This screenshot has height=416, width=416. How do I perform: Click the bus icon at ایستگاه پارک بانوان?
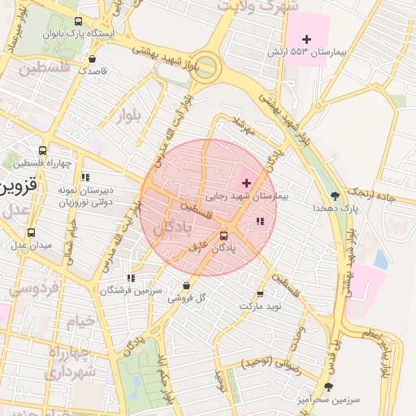pos(77,22)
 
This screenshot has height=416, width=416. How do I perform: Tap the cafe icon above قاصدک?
pos(92,58)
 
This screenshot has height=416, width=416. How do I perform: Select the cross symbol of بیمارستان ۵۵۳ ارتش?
pos(306,39)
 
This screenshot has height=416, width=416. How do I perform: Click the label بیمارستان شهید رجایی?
pos(248,196)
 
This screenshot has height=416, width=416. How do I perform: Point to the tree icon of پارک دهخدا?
pos(336,195)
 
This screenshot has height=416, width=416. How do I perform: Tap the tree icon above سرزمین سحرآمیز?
pos(328,388)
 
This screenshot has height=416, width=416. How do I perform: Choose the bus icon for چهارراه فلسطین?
pos(42,150)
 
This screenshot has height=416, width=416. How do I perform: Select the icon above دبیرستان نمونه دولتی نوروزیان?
pos(85,177)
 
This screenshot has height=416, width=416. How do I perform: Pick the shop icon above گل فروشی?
pos(187,286)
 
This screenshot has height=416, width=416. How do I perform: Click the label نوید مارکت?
pos(259,305)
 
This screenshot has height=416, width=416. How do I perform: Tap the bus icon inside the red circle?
pos(223,236)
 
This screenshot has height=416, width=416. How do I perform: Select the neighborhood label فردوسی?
pos(32,288)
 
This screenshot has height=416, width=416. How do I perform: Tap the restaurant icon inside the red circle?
pos(259,221)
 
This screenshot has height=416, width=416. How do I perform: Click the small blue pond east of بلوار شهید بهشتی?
pos(380,259)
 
